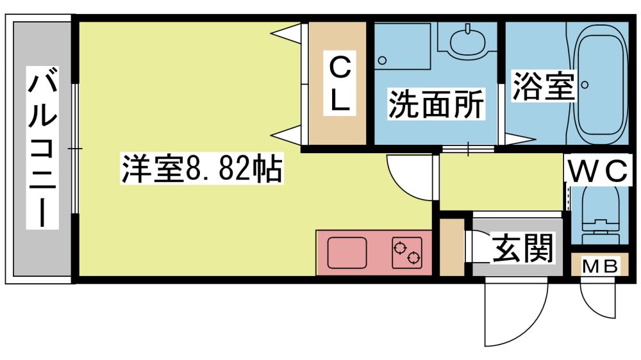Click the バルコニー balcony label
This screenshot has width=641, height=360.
click(x=42, y=147)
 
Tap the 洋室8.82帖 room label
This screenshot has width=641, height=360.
click(x=201, y=168)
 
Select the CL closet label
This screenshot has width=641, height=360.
click(x=339, y=83)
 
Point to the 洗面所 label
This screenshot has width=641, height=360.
click(x=436, y=104)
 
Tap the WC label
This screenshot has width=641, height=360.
click(x=597, y=171)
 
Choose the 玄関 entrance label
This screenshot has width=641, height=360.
click(x=523, y=248)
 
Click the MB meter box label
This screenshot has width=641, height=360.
click(x=600, y=266)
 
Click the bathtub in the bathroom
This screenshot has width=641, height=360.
click(x=601, y=85)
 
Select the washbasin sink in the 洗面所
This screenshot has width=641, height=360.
click(x=468, y=41)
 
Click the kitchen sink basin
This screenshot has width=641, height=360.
click(x=347, y=252)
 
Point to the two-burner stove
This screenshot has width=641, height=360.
click(x=407, y=252)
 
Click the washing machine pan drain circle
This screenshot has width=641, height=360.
click(x=382, y=61)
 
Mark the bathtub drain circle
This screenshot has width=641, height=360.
click(x=585, y=85)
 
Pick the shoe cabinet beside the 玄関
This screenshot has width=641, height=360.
click(x=452, y=247)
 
